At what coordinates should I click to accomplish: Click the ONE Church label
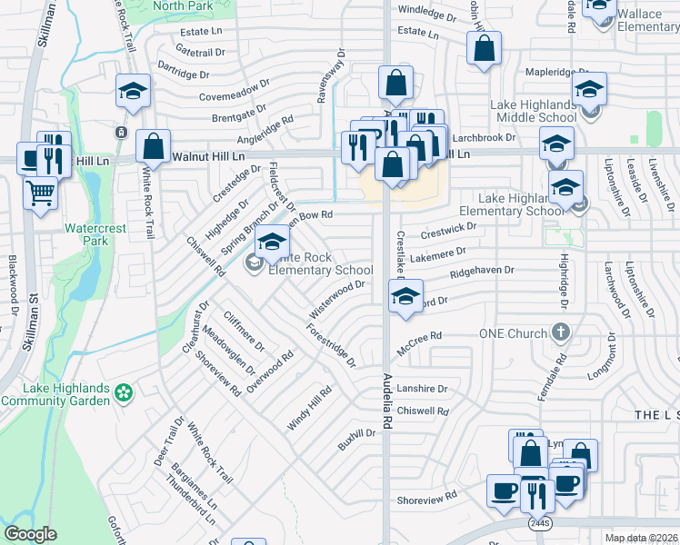pyautogui.click(x=514, y=333)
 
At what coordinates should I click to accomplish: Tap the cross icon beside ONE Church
pyautogui.click(x=561, y=332)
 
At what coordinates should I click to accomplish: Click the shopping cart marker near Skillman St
pyautogui.click(x=40, y=193)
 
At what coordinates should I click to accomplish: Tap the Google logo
pyautogui.click(x=30, y=534)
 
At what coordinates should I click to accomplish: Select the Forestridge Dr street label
pyautogui.click(x=331, y=347)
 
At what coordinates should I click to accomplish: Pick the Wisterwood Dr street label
pyautogui.click(x=337, y=299)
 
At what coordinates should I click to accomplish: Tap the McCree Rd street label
pyautogui.click(x=419, y=343)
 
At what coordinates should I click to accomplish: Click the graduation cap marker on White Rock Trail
pyautogui.click(x=133, y=92)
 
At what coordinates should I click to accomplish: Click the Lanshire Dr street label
pyautogui.click(x=424, y=389)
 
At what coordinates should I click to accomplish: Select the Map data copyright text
pyautogui.click(x=641, y=538)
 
